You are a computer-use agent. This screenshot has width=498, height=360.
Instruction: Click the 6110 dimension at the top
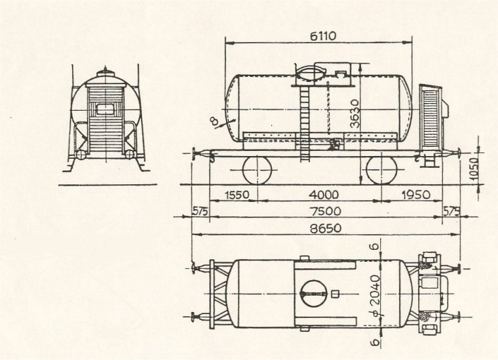pyautogui.click(x=322, y=36)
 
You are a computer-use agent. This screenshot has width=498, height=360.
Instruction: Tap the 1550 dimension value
pyautogui.click(x=237, y=195)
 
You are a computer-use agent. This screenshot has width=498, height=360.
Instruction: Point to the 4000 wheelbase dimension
pyautogui.click(x=324, y=195)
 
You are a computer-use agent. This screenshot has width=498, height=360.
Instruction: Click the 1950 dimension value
pyautogui.click(x=416, y=195)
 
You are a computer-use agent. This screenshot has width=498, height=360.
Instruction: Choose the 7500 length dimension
pyautogui.click(x=326, y=211)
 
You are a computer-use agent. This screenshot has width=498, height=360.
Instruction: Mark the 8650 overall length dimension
pyautogui.click(x=326, y=228)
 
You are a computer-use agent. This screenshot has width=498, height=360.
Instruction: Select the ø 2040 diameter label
pyautogui.click(x=375, y=296)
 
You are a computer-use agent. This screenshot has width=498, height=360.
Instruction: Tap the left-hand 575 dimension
pyautogui.click(x=200, y=211)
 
